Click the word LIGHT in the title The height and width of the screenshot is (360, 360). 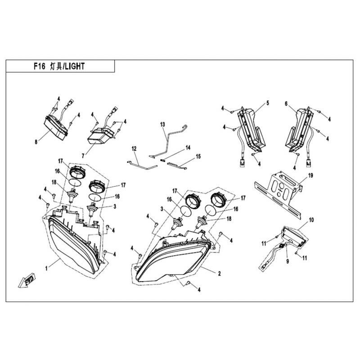(x=74, y=66)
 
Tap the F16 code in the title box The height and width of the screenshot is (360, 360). (x=40, y=66)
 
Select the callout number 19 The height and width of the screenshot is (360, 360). (x=310, y=175)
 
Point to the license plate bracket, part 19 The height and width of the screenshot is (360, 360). (x=278, y=194)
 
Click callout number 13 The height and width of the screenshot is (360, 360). (x=162, y=125)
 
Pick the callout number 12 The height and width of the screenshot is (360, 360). (x=134, y=149)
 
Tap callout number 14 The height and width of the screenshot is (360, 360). (x=188, y=148)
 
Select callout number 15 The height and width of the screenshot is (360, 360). (x=198, y=157)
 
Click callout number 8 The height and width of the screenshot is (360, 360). (x=36, y=142)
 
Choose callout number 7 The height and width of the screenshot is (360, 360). (x=83, y=156)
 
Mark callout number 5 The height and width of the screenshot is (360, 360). (x=267, y=103)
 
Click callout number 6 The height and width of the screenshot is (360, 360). (x=286, y=104)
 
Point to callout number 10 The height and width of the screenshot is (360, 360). (x=311, y=220)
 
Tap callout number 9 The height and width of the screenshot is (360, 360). (x=288, y=261)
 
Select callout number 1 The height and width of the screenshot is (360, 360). (x=46, y=268)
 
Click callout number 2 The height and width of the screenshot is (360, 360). (x=220, y=274)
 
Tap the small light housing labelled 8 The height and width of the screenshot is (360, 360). (x=56, y=128)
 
